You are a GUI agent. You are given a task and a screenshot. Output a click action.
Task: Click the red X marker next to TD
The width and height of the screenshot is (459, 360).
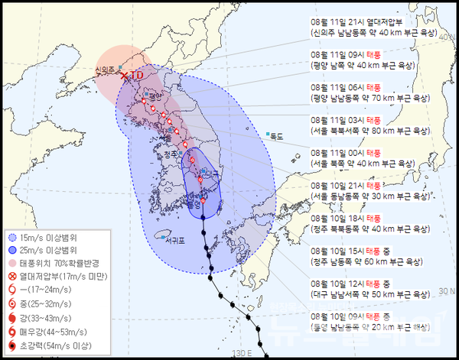click(125, 75)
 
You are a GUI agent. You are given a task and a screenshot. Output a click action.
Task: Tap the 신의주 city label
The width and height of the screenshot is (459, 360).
click(104, 70)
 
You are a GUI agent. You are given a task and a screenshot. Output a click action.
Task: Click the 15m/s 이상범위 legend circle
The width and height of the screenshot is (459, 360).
click(11, 238)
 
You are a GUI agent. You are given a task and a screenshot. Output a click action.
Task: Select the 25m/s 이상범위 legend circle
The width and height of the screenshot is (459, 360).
click(11, 250)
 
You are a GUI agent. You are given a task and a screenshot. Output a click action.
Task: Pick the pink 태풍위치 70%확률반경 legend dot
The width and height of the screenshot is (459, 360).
click(11, 263)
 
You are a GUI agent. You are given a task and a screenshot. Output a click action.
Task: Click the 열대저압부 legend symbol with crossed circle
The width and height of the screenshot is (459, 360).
click(11, 276)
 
